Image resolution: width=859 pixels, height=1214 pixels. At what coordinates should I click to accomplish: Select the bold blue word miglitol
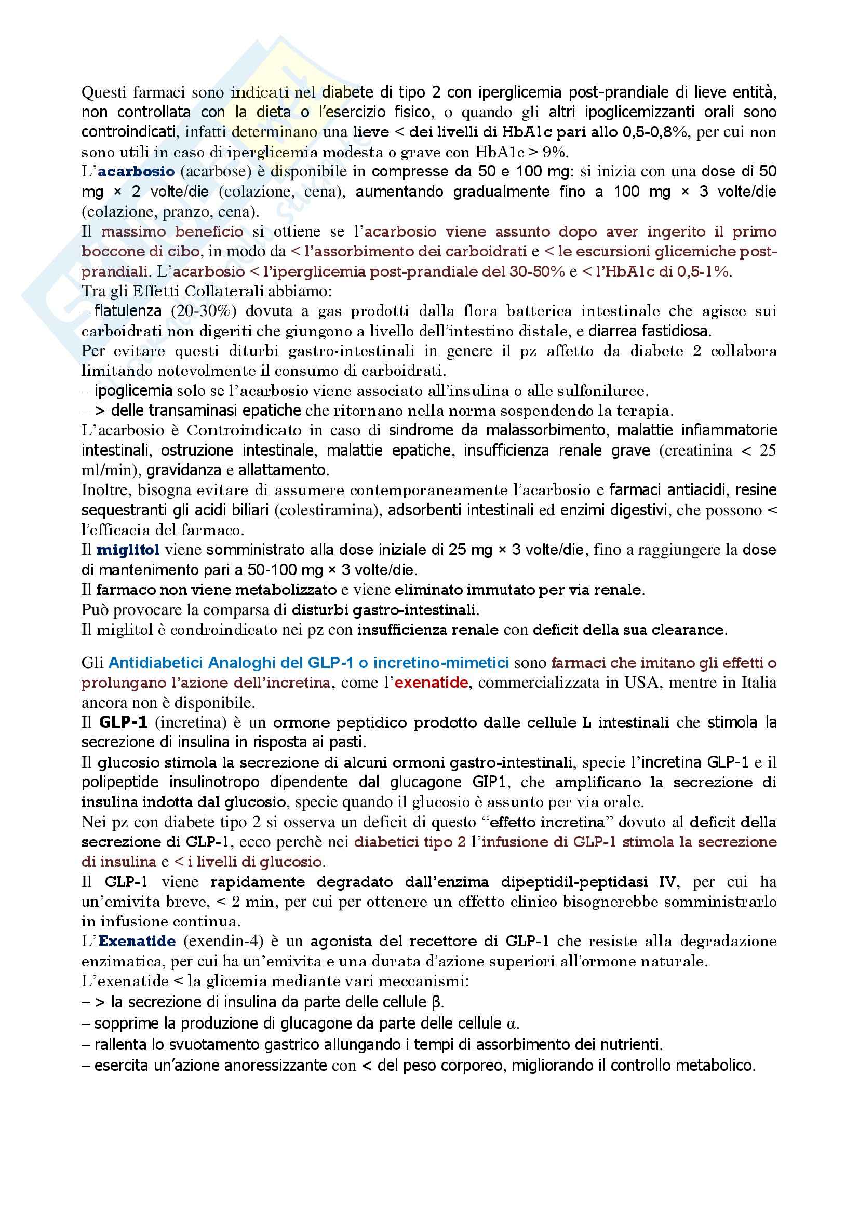point(128,550)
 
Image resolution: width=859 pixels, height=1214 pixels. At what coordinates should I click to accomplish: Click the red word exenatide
point(432,683)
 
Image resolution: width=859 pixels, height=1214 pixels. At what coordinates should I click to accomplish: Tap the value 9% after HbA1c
point(554,152)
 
